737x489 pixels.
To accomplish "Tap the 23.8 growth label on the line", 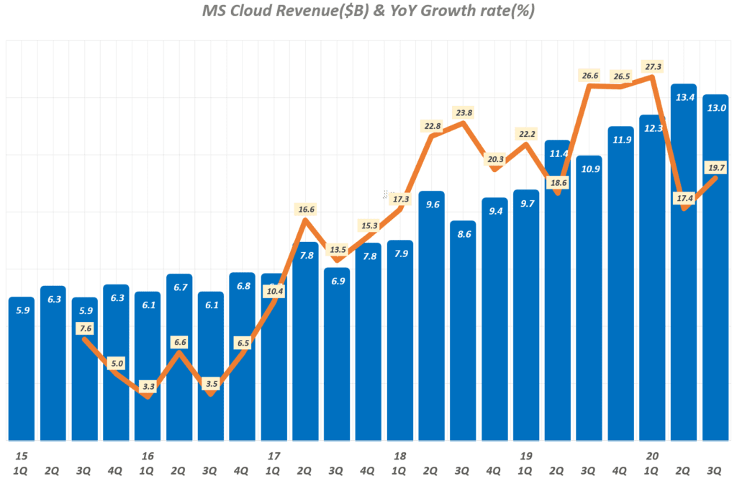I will (464, 113).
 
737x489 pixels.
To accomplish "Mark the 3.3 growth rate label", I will (147, 387).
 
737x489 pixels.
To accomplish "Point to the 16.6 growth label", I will (305, 210).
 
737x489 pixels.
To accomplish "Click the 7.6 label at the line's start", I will (84, 328).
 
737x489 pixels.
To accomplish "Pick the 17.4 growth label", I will (683, 197).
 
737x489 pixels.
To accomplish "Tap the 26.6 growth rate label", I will (589, 75).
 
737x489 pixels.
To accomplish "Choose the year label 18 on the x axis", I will (400, 456).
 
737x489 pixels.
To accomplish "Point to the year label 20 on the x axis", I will (653, 456).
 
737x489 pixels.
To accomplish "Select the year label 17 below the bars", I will (273, 456).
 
